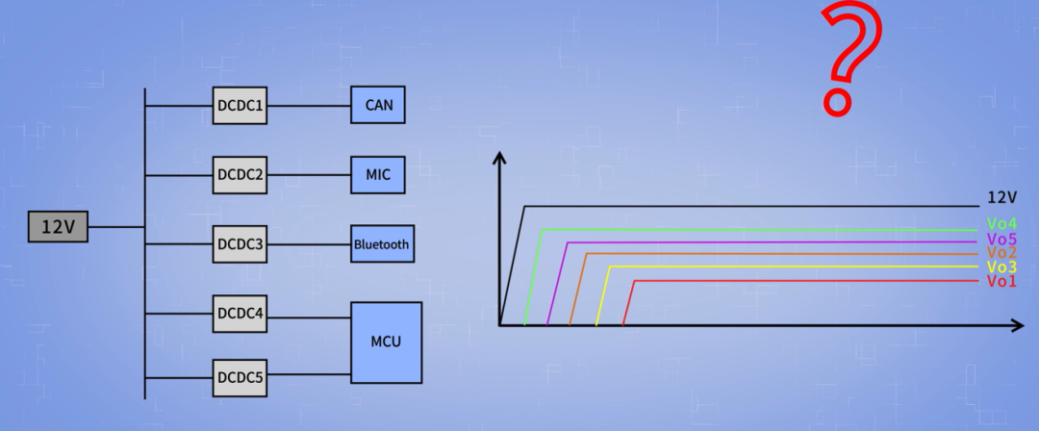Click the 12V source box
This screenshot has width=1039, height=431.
[58, 227]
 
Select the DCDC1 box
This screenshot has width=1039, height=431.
[240, 105]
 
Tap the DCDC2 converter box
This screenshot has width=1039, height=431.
[240, 175]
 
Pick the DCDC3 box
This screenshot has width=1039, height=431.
[240, 244]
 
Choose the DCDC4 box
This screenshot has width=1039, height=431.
[240, 313]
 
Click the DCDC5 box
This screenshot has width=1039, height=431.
[240, 377]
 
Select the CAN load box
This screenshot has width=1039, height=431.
[378, 105]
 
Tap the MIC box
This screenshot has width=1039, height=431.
[378, 175]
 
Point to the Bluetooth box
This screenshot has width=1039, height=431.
[382, 244]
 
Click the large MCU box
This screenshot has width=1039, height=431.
[386, 342]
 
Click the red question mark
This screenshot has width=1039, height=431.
[849, 60]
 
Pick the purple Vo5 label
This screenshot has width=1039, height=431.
[1001, 239]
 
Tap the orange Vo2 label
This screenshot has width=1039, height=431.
[1001, 253]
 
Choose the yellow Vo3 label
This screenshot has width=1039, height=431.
[1001, 266]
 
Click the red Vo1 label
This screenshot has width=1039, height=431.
[1001, 281]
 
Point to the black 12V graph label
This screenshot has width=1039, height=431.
[1002, 198]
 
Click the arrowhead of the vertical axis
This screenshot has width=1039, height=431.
[499, 158]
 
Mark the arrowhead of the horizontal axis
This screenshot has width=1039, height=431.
[1017, 326]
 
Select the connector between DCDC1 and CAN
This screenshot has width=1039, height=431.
[309, 105]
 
